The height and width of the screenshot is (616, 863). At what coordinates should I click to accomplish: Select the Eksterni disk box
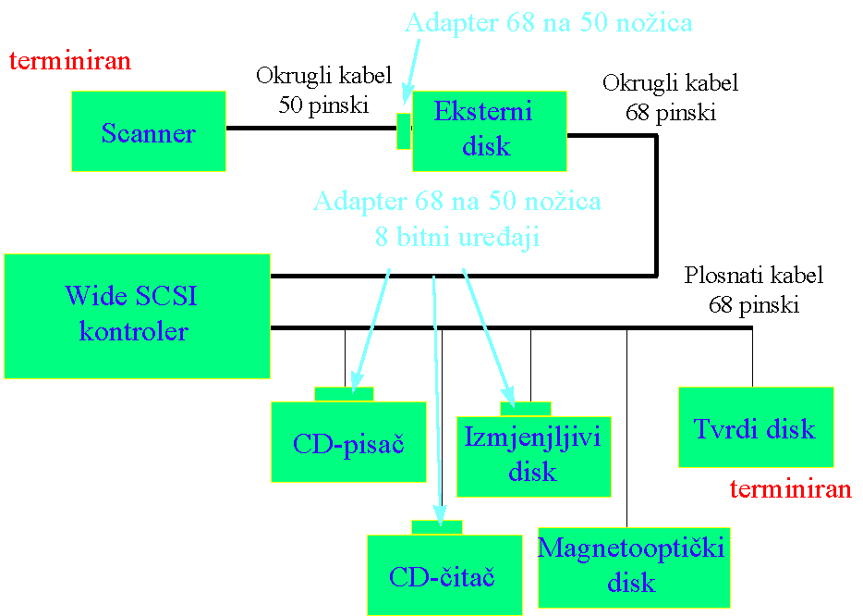(489, 130)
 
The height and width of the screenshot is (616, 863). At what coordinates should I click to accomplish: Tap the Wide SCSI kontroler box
(137, 315)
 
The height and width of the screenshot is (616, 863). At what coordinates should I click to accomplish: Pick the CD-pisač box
(348, 442)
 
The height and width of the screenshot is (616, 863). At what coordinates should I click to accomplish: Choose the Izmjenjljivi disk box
(534, 455)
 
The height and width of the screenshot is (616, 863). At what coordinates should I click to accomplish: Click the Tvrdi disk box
(755, 427)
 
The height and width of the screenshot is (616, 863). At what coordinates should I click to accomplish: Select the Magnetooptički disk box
(633, 567)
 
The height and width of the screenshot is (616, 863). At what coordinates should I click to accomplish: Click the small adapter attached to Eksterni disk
(403, 130)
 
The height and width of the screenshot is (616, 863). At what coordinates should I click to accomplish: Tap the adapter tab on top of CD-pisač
(344, 394)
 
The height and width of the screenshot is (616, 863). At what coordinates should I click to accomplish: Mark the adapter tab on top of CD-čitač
(436, 527)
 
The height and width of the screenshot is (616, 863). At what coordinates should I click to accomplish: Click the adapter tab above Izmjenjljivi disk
(525, 409)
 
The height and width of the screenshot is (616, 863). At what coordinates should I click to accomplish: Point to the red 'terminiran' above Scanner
(70, 61)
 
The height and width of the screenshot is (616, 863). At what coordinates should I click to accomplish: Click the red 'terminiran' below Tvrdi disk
(790, 489)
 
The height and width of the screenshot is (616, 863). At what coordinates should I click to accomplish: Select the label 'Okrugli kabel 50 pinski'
(323, 90)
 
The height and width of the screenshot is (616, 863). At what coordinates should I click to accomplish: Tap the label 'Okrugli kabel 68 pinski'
(670, 98)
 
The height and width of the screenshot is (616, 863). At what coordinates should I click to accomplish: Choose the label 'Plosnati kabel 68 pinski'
(753, 290)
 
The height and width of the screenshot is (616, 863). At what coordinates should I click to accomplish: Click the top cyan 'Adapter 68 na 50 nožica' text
(548, 22)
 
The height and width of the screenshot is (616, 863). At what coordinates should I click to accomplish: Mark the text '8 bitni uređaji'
(457, 237)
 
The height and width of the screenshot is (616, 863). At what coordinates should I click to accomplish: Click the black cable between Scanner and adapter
(310, 128)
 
